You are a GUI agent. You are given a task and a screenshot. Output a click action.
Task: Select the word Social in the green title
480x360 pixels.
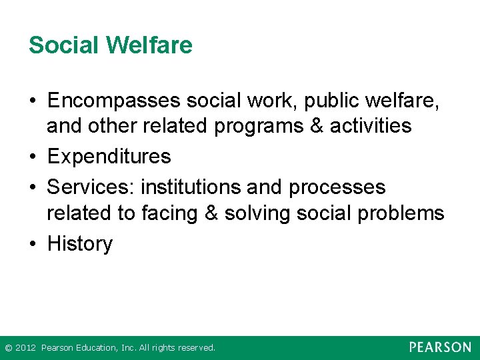click(x=64, y=45)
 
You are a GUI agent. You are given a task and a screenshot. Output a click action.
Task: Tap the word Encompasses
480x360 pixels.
click(x=114, y=101)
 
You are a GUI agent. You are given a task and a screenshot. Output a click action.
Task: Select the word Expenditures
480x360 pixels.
click(x=109, y=157)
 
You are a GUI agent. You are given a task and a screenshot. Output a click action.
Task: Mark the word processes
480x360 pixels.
click(x=337, y=187)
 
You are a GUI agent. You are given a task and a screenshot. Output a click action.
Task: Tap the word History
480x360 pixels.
click(x=80, y=244)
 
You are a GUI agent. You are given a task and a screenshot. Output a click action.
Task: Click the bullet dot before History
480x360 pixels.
click(x=33, y=245)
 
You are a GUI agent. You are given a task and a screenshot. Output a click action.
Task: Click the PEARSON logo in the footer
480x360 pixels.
click(x=440, y=347)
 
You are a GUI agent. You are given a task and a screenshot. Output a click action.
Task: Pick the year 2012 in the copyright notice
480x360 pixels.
click(x=25, y=348)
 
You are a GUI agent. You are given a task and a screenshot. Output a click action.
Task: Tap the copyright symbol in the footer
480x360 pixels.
click(x=8, y=348)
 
